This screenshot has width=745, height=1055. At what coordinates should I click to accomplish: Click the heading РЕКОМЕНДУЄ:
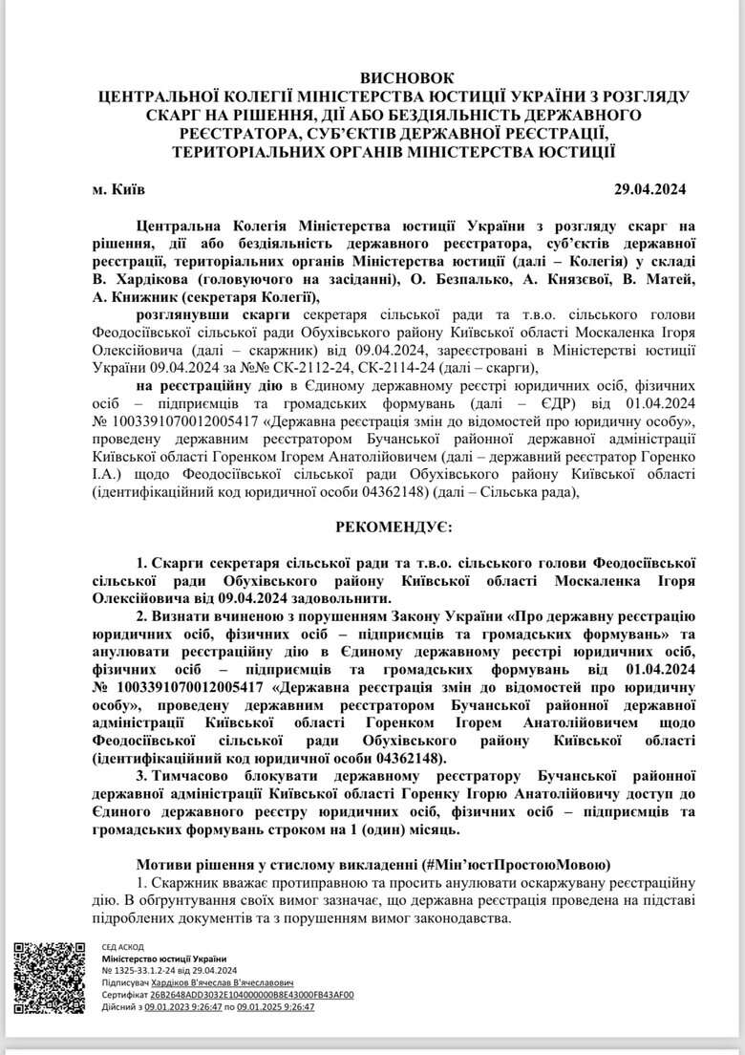[x=394, y=527]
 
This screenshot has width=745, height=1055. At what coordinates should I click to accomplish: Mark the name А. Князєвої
[x=568, y=279]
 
